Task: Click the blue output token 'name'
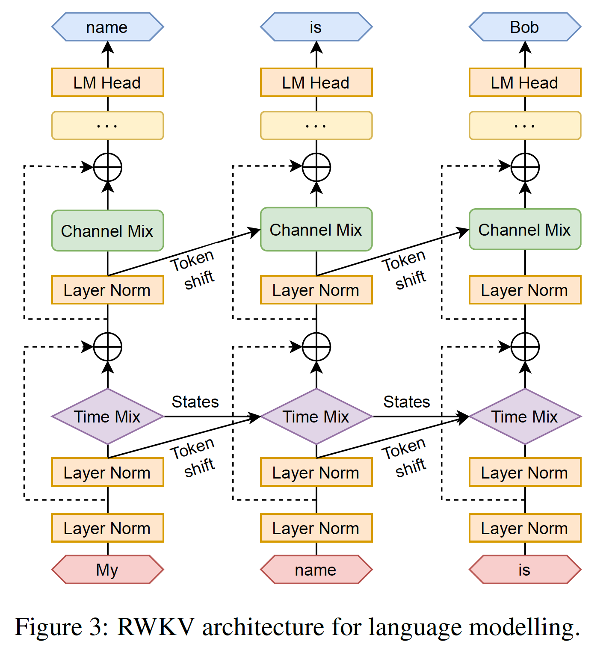pos(107,27)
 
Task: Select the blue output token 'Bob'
pos(525,27)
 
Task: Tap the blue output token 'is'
pos(316,27)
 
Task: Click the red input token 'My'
pos(107,570)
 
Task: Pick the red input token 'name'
pos(316,570)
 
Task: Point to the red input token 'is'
pos(525,570)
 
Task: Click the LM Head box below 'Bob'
pos(525,83)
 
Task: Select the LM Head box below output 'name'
pos(107,83)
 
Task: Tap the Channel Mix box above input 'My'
pos(107,230)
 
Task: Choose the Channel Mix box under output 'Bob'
pos(525,230)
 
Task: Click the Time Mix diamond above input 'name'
pos(316,417)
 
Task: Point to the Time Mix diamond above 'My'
pos(107,417)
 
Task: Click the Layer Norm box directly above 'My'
pos(107,528)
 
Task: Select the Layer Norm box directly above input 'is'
pos(525,528)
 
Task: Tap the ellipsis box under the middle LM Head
pos(316,126)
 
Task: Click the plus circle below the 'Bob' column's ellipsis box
pos(525,167)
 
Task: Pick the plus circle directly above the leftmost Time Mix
pos(107,347)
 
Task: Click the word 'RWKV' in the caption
pos(156,627)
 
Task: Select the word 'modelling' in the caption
pos(524,627)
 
